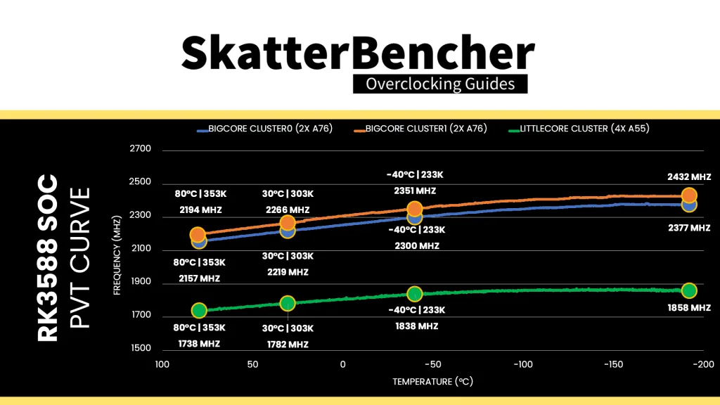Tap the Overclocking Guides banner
440,84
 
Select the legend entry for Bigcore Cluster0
265,129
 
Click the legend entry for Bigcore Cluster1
420,129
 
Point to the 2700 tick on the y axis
141,149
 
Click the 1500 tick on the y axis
141,348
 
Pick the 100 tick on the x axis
162,364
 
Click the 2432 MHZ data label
689,176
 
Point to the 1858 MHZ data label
690,308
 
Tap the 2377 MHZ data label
689,228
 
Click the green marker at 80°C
199,310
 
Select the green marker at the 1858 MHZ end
689,290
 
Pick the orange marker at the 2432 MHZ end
689,195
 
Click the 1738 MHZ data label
200,344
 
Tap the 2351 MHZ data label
415,191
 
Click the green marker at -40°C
415,294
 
